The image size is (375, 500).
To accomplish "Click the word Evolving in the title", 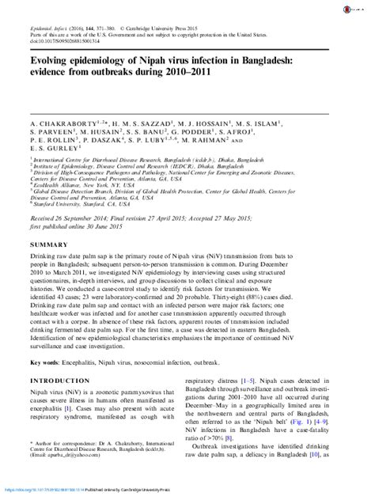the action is coord(56,59).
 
